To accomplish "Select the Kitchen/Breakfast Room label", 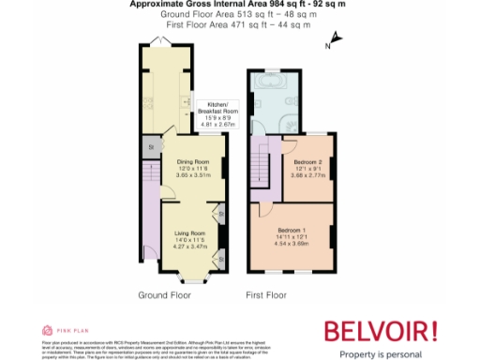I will [217, 111].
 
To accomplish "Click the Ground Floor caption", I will [164, 294].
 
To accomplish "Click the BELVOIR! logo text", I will [381, 330].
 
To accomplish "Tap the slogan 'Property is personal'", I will [381, 352].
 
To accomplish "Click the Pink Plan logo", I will [55, 330].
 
